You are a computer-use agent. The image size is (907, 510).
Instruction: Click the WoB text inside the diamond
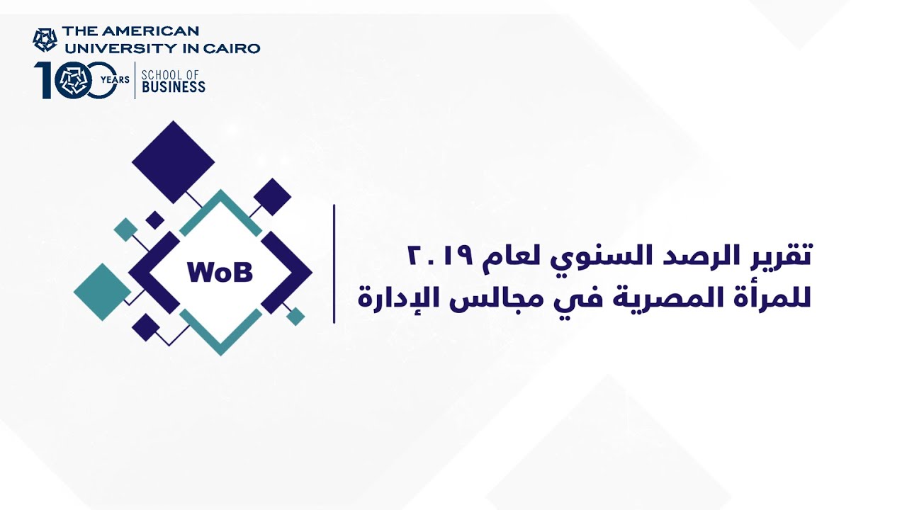(x=220, y=273)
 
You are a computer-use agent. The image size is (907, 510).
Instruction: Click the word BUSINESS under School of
(x=174, y=86)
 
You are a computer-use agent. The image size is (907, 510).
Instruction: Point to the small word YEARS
(x=115, y=80)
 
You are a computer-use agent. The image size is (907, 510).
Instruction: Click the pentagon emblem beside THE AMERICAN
(x=45, y=40)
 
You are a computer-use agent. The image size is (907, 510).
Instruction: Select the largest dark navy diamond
(x=174, y=162)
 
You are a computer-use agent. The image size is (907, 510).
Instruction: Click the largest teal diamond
(x=103, y=292)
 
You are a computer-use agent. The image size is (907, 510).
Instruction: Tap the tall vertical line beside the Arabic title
(x=334, y=264)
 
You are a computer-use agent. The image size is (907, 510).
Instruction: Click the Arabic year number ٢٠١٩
(x=440, y=256)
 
